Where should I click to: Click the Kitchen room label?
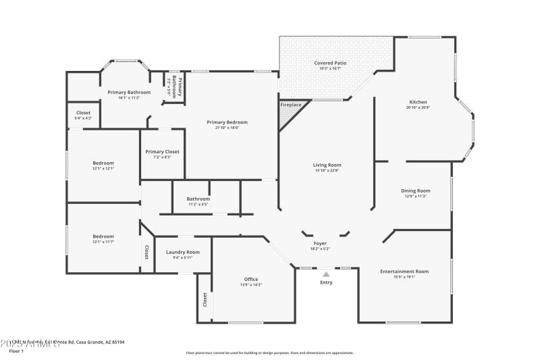417,101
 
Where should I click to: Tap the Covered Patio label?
330,63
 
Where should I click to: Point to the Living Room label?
327,165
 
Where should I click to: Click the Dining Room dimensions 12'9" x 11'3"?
416,196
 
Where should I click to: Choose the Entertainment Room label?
404,271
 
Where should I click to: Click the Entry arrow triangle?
326,274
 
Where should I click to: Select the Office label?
250,279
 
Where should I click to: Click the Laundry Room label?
182,252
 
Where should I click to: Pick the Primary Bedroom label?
227,122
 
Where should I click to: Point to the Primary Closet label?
162,151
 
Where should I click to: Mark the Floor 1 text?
16,351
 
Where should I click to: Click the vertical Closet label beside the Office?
204,299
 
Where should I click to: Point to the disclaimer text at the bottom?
269,353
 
